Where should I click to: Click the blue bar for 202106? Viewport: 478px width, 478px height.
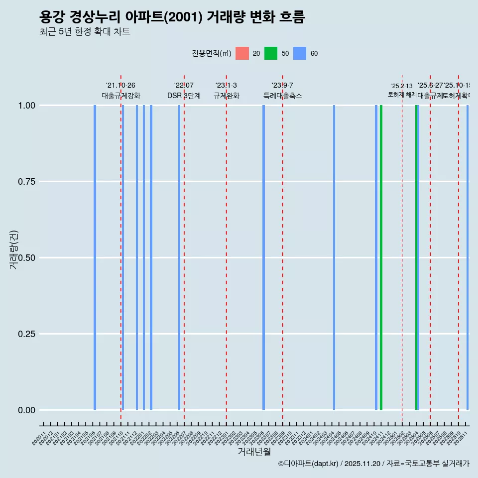tap(95, 257)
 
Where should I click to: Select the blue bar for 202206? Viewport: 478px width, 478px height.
tap(179, 257)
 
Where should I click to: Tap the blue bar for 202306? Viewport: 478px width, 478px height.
tap(263, 257)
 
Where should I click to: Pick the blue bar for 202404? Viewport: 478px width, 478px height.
tap(334, 257)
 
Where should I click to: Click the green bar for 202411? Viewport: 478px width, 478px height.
tap(381, 257)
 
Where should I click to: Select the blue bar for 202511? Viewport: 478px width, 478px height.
tap(468, 257)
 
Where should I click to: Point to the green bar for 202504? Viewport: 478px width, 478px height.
tap(416, 257)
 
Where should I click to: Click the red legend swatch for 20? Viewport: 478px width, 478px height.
tap(242, 53)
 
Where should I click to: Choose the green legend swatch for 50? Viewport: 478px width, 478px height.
tap(271, 53)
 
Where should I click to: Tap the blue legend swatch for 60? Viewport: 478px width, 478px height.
tap(300, 53)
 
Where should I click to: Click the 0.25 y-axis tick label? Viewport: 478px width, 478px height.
tap(27, 334)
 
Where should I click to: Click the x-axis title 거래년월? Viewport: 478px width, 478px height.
tap(254, 452)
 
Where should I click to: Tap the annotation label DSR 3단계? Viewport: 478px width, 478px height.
tap(184, 96)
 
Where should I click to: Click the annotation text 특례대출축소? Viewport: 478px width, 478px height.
tap(283, 96)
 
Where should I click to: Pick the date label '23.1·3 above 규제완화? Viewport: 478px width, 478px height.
tap(226, 85)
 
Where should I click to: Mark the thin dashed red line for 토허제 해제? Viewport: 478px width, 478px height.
tap(402, 249)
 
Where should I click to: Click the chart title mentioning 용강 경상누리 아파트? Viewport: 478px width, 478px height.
tap(172, 17)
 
